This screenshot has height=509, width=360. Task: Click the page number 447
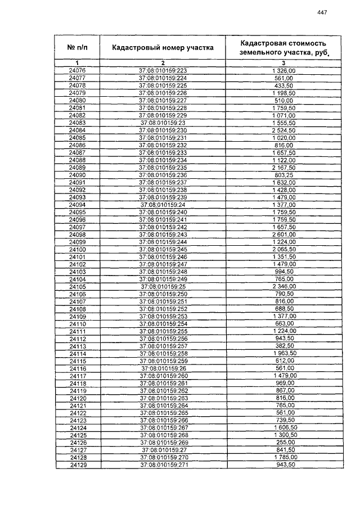(322, 12)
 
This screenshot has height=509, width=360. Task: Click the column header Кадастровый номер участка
(163, 48)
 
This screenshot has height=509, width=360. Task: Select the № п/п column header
(77, 48)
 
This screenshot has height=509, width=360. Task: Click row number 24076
(77, 71)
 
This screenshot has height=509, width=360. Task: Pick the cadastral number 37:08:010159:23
(163, 123)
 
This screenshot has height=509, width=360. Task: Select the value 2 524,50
(283, 130)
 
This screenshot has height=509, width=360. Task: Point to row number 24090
(77, 175)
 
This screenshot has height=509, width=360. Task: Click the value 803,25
(283, 175)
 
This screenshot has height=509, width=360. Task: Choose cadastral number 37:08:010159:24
(163, 205)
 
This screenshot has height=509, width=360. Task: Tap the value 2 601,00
(283, 234)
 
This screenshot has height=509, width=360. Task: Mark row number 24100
(77, 249)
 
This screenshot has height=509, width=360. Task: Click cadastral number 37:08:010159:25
(163, 286)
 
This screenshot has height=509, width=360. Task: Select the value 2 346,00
(283, 286)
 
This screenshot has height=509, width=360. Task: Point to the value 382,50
(283, 346)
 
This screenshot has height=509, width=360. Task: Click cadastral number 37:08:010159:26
(163, 368)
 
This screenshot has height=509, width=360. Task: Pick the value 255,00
(283, 442)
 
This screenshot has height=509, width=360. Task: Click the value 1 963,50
(283, 353)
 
